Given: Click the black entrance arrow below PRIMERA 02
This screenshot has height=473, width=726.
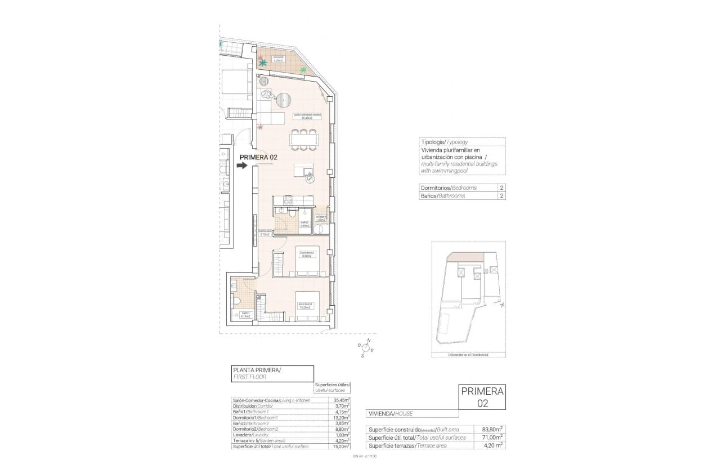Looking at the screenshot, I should coord(242,166).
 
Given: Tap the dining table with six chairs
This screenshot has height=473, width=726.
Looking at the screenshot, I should coord(304,139).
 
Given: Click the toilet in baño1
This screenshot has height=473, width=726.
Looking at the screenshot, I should coord(237,299).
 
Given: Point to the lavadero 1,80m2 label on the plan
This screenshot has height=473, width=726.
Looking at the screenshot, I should coord(321,218).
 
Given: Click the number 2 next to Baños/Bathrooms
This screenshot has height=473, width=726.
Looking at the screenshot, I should coord(500,196).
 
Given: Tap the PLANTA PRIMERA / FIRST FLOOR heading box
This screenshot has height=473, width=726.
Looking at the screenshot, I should coord(272,373).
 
